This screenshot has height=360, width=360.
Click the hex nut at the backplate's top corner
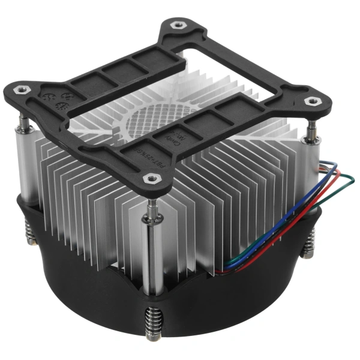click(x=178, y=25)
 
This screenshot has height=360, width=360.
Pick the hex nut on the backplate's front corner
click(x=150, y=178)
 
